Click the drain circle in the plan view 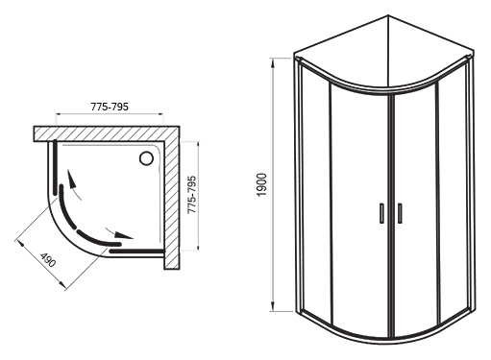coord(146,158)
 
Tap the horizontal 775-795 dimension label coord(110,107)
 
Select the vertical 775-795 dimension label coord(191,195)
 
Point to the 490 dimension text coord(48,259)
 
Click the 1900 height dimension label coord(261,185)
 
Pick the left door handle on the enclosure coord(381,213)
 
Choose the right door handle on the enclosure coord(400,213)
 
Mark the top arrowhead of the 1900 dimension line coord(273,63)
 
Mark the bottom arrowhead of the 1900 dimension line coord(273,306)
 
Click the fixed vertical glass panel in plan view coord(55,167)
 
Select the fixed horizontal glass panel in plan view coord(136,251)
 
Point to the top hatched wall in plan coord(107,133)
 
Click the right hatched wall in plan coord(172,198)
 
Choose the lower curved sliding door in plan coord(96,241)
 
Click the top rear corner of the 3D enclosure coord(388,15)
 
